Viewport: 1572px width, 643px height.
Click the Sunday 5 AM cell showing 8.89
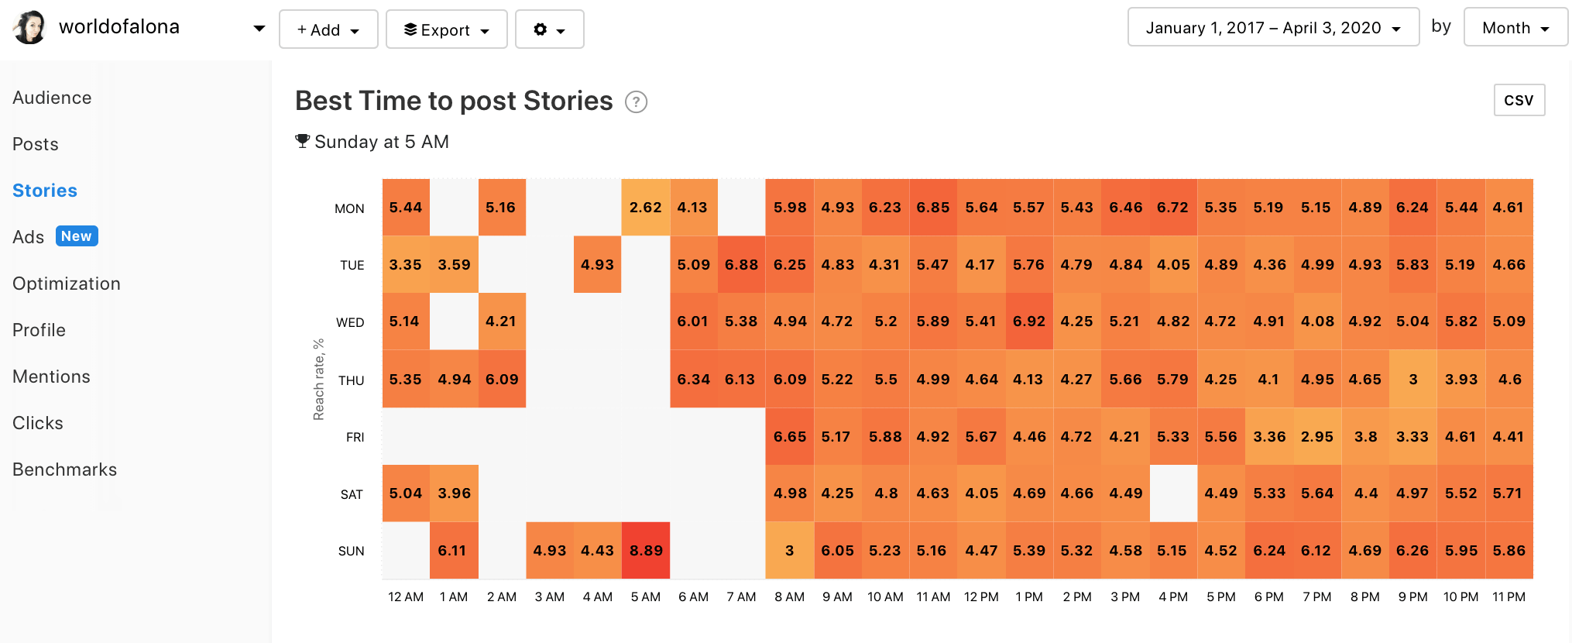(645, 550)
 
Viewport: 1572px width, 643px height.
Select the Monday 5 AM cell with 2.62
(645, 208)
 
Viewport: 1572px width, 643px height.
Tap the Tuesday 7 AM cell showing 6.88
(741, 265)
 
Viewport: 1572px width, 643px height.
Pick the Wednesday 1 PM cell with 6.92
(1029, 321)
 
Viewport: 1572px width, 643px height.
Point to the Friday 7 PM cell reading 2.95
(1316, 437)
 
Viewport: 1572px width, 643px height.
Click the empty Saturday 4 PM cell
(1173, 493)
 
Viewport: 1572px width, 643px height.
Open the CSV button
(1519, 100)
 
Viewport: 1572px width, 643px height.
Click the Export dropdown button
(446, 29)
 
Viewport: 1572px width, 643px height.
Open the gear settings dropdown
(549, 29)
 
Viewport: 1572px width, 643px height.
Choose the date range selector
(1272, 28)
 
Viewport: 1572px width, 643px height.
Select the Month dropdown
(1515, 28)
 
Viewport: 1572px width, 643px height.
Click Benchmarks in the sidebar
(65, 469)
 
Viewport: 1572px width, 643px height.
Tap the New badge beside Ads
(77, 236)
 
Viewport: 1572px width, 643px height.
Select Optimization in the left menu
(67, 284)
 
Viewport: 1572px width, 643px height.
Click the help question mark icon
(636, 102)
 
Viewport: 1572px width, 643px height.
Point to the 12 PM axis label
(981, 597)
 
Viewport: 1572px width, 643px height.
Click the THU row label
(351, 380)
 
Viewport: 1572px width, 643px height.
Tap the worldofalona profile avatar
(30, 28)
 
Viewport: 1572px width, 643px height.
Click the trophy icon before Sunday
(303, 141)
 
